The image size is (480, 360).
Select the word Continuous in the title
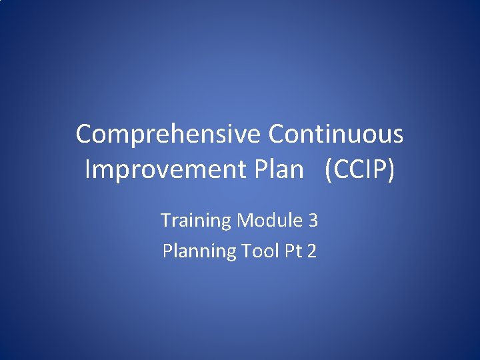point(336,134)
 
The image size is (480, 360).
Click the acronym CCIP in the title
point(360,169)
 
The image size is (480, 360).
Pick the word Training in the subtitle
point(196,221)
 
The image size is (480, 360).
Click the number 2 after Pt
point(312,251)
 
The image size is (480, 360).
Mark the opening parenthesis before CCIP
point(329,170)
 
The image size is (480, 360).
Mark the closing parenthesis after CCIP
point(391,170)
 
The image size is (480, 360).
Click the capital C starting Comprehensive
point(83,134)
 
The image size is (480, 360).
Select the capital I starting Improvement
point(88,169)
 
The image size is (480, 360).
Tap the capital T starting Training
point(166,220)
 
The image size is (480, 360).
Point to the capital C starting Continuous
point(276,134)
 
